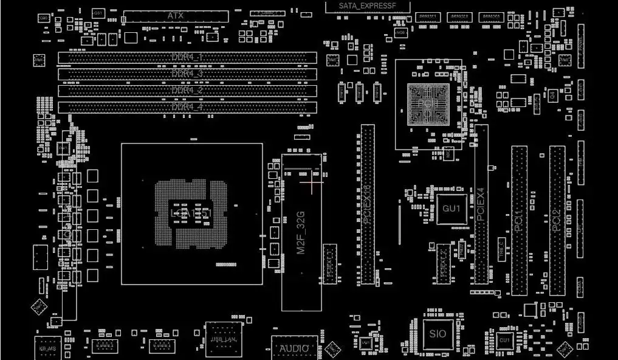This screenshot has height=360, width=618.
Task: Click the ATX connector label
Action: (175, 15)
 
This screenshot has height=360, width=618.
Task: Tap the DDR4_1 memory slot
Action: (187, 58)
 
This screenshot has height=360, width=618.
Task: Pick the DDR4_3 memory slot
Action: (187, 74)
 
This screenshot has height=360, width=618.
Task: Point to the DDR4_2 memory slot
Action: (187, 91)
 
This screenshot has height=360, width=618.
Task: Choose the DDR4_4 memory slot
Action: (187, 107)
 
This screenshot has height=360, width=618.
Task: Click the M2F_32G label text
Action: (300, 233)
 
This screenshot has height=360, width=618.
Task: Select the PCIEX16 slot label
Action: (367, 207)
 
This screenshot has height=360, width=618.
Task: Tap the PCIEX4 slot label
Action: (480, 204)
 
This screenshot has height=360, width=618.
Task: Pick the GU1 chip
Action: (451, 209)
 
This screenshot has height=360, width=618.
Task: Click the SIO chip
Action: (438, 334)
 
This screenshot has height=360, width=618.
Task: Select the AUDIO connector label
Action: (294, 348)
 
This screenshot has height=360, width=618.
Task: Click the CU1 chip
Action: (504, 340)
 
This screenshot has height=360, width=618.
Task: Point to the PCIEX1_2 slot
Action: (444, 263)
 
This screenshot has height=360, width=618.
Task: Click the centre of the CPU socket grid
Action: (192, 213)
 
